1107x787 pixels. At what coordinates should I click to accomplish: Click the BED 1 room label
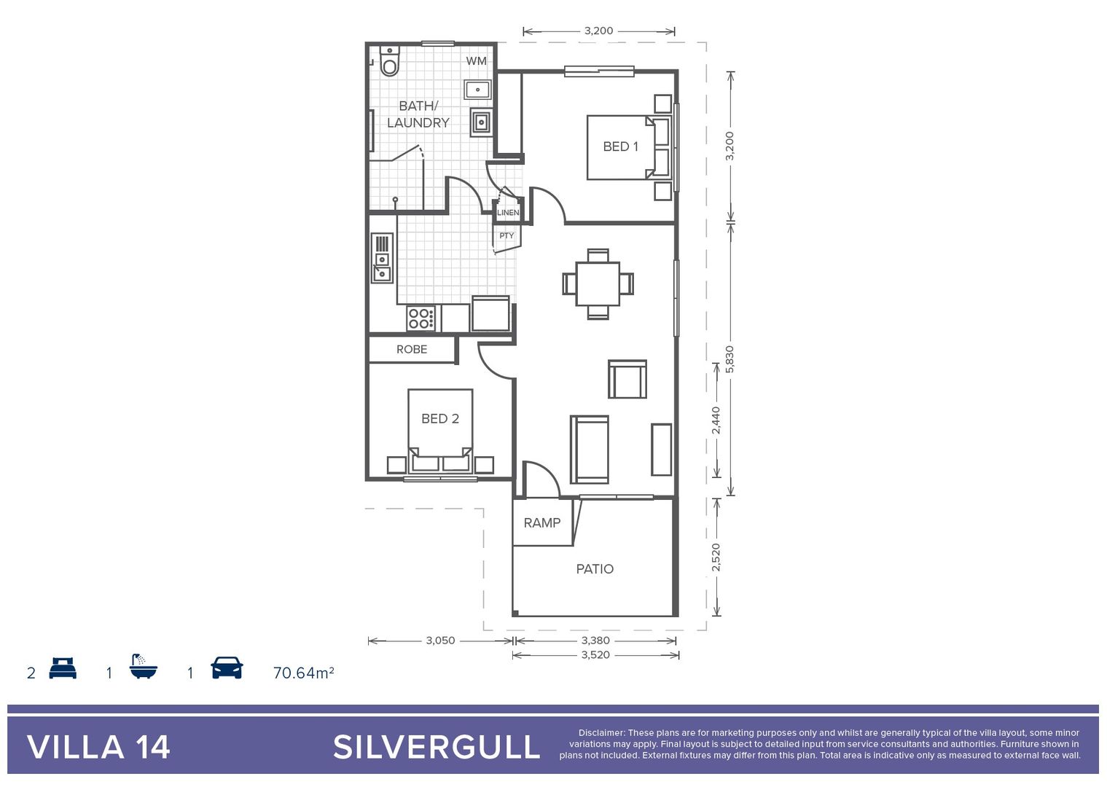point(620,146)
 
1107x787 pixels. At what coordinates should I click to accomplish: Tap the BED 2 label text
point(440,418)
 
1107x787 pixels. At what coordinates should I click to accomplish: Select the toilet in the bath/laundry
point(390,62)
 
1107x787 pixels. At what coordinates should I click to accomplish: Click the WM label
point(477,61)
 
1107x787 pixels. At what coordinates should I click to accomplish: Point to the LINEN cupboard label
point(508,213)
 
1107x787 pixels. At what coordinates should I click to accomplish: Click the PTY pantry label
point(506,235)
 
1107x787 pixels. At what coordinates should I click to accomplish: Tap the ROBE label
point(412,349)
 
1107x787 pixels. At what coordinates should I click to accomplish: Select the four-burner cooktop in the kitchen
point(421,318)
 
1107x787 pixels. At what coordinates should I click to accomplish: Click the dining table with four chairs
point(598,283)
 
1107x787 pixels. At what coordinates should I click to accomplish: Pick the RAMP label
point(542,522)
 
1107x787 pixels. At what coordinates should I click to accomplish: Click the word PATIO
point(595,569)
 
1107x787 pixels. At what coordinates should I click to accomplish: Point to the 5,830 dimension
point(730,359)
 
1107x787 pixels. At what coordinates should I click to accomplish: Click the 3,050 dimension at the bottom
point(440,641)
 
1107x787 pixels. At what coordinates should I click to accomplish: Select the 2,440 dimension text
point(716,420)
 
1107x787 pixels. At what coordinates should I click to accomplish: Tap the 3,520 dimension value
point(595,655)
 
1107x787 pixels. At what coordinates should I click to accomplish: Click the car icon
point(227,667)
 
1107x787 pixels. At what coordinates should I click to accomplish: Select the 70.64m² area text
point(303,673)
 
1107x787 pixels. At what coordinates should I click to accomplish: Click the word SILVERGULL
point(437,748)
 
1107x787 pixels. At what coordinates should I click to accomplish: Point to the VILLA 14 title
point(98,748)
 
